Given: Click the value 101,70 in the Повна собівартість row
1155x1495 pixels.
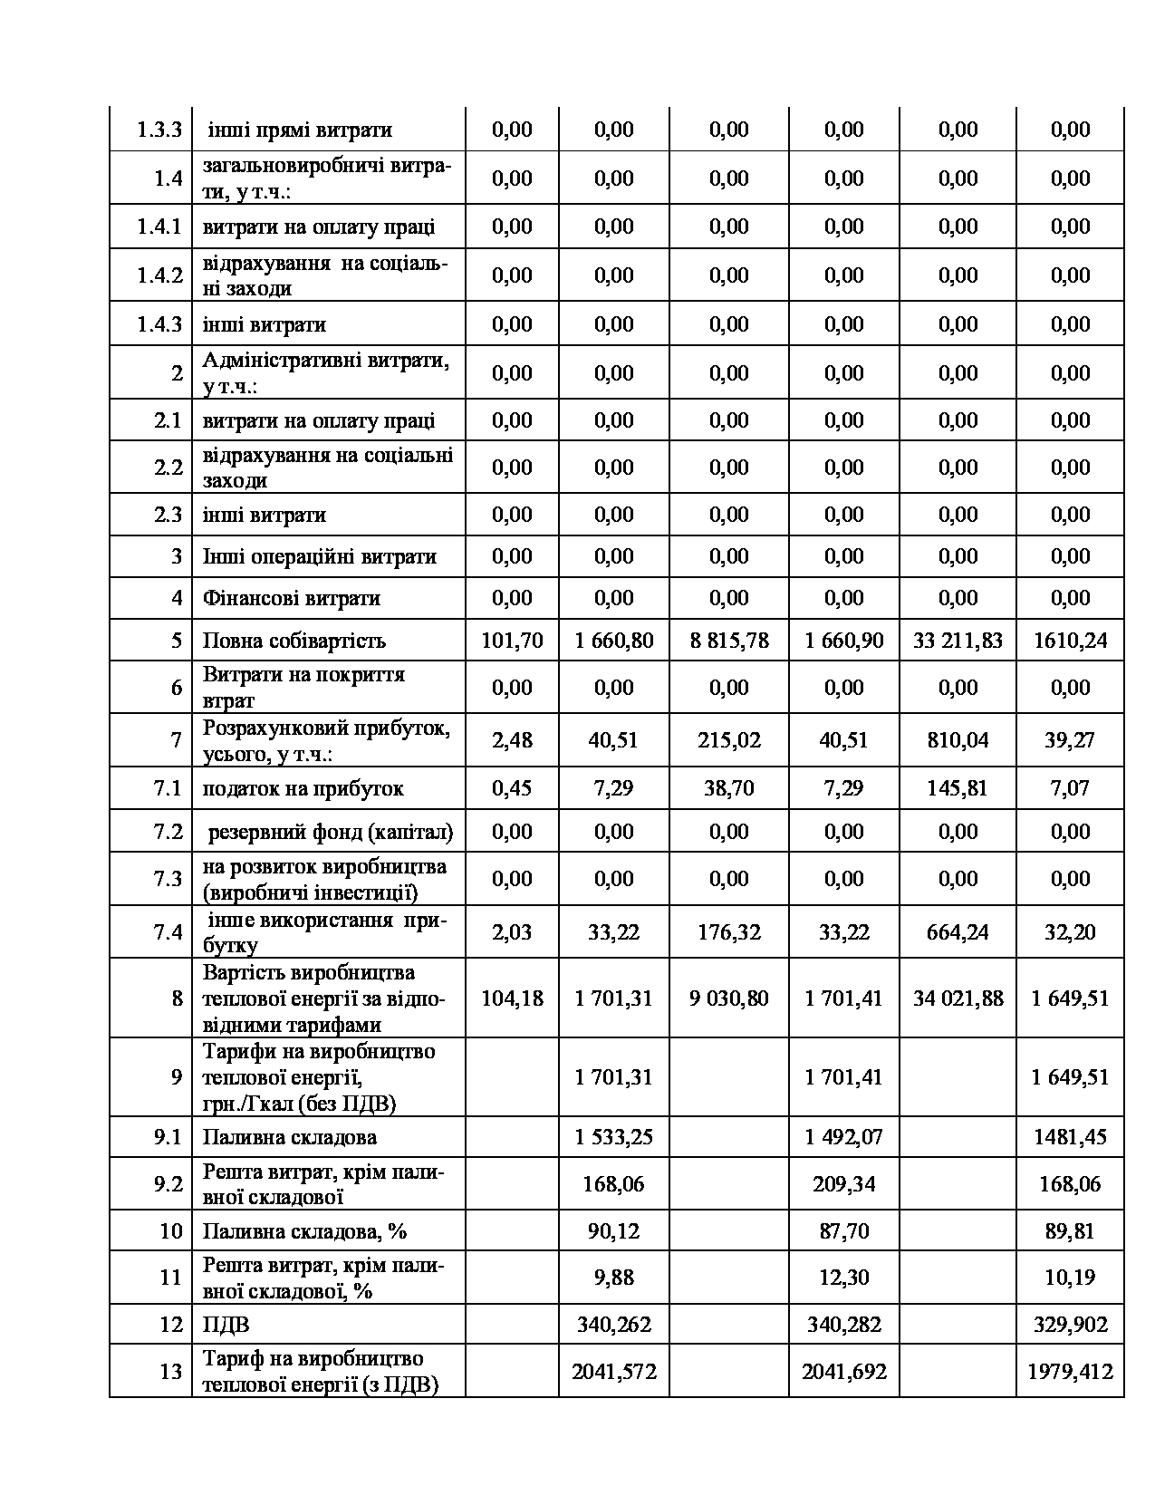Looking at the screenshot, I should (512, 641).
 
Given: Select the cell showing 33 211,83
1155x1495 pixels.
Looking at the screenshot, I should (958, 641).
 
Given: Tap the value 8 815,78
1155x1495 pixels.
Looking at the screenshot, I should (728, 641).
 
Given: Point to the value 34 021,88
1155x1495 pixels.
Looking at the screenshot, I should (958, 998).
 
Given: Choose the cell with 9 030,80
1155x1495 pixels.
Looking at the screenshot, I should (728, 998).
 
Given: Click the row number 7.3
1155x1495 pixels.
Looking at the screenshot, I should (168, 879).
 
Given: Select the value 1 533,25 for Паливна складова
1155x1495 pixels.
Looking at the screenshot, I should (613, 1137).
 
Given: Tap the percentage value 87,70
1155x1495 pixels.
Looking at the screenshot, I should (843, 1231).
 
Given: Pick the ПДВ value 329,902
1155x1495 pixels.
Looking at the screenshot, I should (1070, 1325).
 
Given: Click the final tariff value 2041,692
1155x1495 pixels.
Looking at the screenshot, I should (843, 1372).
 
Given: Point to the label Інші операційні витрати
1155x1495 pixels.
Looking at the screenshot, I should (319, 556).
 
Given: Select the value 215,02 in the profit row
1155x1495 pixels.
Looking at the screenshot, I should (728, 740).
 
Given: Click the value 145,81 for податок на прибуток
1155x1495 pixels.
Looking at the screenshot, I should (958, 788).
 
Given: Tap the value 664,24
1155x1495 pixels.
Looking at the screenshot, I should (958, 932).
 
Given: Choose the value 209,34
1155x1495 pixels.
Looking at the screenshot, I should (843, 1184).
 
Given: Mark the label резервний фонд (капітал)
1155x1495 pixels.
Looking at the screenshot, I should (330, 832).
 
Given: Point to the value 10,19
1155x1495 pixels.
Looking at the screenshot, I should (1070, 1278).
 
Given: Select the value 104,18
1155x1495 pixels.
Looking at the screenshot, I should (512, 998).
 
